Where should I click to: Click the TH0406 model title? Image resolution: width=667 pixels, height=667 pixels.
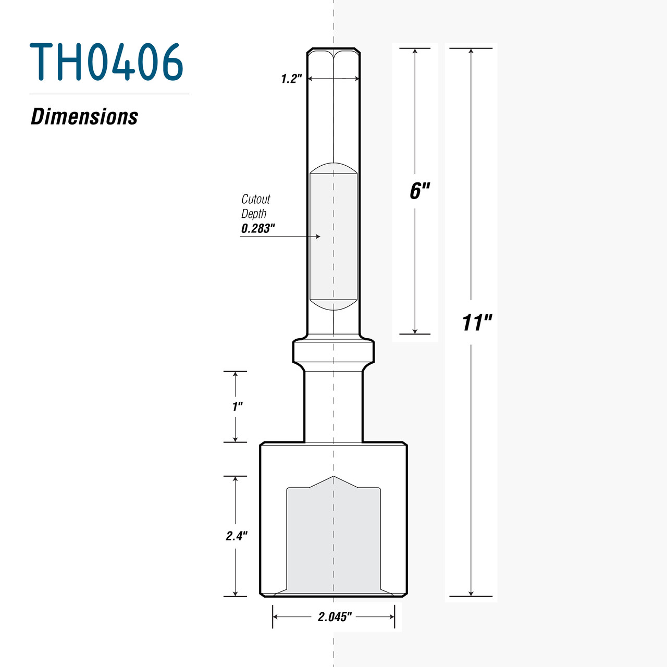107,62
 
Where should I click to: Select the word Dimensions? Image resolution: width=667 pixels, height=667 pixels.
84,117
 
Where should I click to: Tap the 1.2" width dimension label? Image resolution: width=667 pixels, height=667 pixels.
291,79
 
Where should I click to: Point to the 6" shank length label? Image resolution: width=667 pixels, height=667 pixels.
419,191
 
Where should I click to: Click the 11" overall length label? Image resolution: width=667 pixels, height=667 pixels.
476,323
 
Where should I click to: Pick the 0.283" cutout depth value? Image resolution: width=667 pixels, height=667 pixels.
257,228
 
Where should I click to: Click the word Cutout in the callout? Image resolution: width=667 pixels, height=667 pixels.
255,199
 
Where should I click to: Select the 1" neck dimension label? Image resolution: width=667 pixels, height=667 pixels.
238,406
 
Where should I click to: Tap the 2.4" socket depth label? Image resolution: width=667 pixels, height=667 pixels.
236,536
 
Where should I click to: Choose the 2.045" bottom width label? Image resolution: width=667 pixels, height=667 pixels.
335,617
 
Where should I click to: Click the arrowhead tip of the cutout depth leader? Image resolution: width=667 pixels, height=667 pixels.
319,237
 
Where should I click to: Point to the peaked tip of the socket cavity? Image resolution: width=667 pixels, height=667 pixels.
333,477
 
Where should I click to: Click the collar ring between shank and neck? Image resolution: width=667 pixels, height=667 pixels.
333,351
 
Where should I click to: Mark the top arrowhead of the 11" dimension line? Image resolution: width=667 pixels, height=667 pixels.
471,51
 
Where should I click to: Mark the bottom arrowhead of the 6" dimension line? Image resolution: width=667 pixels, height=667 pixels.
415,331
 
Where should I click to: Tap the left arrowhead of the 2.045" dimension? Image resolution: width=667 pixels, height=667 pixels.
275,617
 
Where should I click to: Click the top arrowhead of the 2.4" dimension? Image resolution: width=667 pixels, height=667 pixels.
236,478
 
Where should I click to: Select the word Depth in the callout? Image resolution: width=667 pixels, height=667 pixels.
254,214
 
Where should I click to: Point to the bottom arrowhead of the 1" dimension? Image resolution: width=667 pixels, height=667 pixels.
236,440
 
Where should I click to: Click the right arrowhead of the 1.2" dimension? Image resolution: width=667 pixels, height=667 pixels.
357,79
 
